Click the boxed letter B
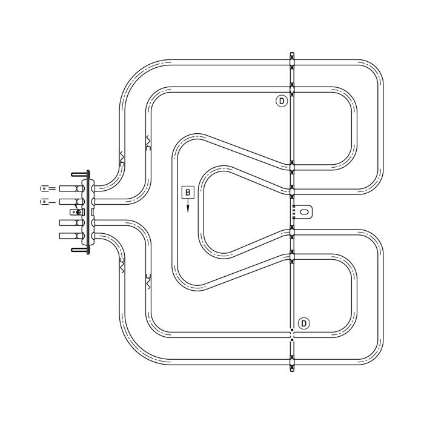click(188, 193)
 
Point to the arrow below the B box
click(188, 205)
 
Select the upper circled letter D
click(282, 101)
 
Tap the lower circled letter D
click(303, 323)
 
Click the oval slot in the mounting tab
click(304, 211)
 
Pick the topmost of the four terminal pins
click(71, 188)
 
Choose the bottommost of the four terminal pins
click(71, 236)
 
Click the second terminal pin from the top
click(71, 202)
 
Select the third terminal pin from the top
click(71, 222)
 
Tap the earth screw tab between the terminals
click(77, 212)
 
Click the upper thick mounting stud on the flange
click(80, 174)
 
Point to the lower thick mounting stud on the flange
click(80, 250)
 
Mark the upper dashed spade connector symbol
click(48, 188)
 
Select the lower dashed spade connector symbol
click(48, 202)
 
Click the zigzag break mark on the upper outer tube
click(122, 156)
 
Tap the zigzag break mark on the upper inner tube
click(148, 140)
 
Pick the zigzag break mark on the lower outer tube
click(122, 267)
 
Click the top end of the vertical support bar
click(292, 53)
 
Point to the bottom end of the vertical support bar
click(292, 370)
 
